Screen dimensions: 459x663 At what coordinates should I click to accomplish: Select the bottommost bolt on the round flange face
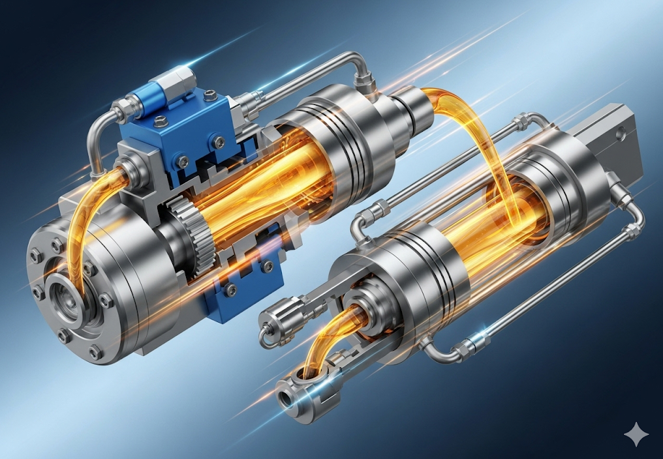[97, 353]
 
